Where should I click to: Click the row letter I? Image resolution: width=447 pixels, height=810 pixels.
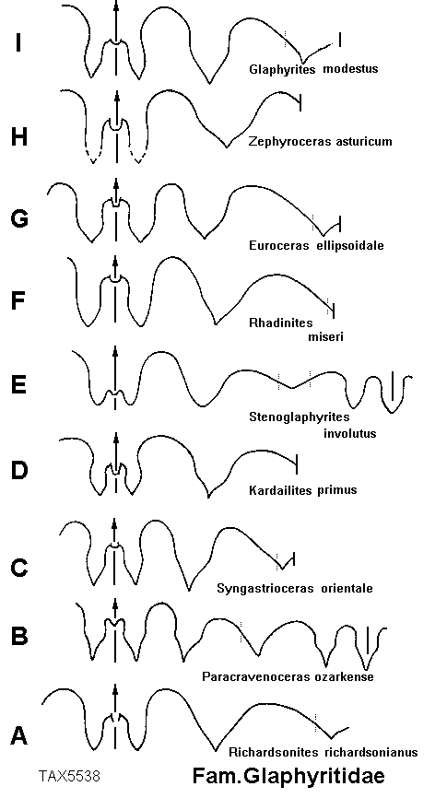[x=18, y=42]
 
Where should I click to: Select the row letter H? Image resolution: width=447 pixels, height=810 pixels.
[x=18, y=137]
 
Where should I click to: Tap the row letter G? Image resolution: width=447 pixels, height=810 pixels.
[x=19, y=218]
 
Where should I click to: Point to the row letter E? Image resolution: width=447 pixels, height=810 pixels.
[x=18, y=385]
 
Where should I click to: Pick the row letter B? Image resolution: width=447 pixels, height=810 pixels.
[x=19, y=636]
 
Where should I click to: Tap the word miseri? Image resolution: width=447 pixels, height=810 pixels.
[x=326, y=337]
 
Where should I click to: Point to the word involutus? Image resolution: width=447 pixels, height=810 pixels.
[x=350, y=433]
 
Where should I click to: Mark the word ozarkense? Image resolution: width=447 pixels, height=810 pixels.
[x=345, y=676]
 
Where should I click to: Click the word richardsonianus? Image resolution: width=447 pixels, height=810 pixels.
[x=371, y=752]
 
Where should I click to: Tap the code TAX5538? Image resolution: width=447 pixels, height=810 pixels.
[x=69, y=775]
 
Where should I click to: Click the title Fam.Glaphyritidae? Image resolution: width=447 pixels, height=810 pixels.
[x=288, y=777]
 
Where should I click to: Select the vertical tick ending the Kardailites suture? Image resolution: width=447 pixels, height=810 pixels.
[x=296, y=464]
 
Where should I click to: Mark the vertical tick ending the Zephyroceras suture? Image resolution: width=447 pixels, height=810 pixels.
[x=300, y=102]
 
